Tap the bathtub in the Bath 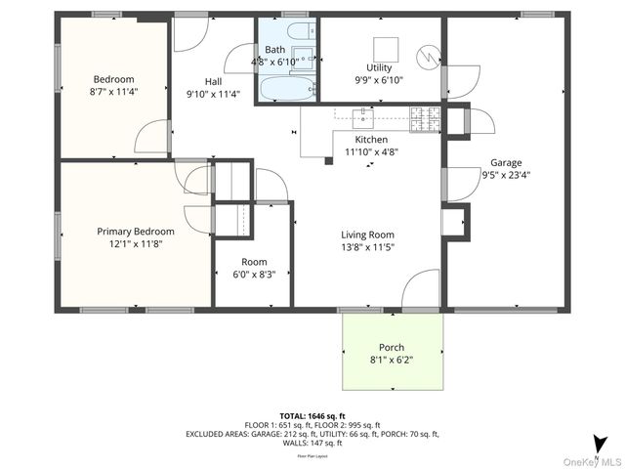(284, 90)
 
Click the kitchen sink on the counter (362, 118)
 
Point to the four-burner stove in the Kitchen (425, 117)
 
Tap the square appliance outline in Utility (387, 49)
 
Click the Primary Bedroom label (136, 232)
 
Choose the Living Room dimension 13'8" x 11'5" (367, 247)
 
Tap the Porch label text (392, 348)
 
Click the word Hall (214, 81)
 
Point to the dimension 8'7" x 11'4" (113, 93)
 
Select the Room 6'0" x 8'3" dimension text (253, 275)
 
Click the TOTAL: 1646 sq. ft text (312, 416)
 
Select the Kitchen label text (371, 140)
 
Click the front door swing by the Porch (420, 290)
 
